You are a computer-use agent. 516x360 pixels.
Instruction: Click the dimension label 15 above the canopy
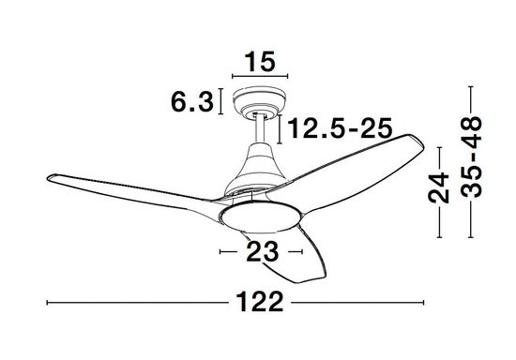(x=259, y=62)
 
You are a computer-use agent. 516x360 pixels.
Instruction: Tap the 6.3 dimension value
(x=192, y=101)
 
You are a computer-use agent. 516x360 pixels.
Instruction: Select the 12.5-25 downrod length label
(x=340, y=127)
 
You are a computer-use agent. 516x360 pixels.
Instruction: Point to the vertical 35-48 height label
(x=471, y=157)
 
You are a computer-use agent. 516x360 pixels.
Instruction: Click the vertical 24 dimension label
(x=439, y=187)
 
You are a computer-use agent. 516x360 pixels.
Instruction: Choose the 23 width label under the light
(x=263, y=252)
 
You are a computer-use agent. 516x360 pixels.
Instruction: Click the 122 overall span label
(x=260, y=302)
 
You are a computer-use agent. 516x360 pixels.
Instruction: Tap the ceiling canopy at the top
(x=259, y=100)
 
